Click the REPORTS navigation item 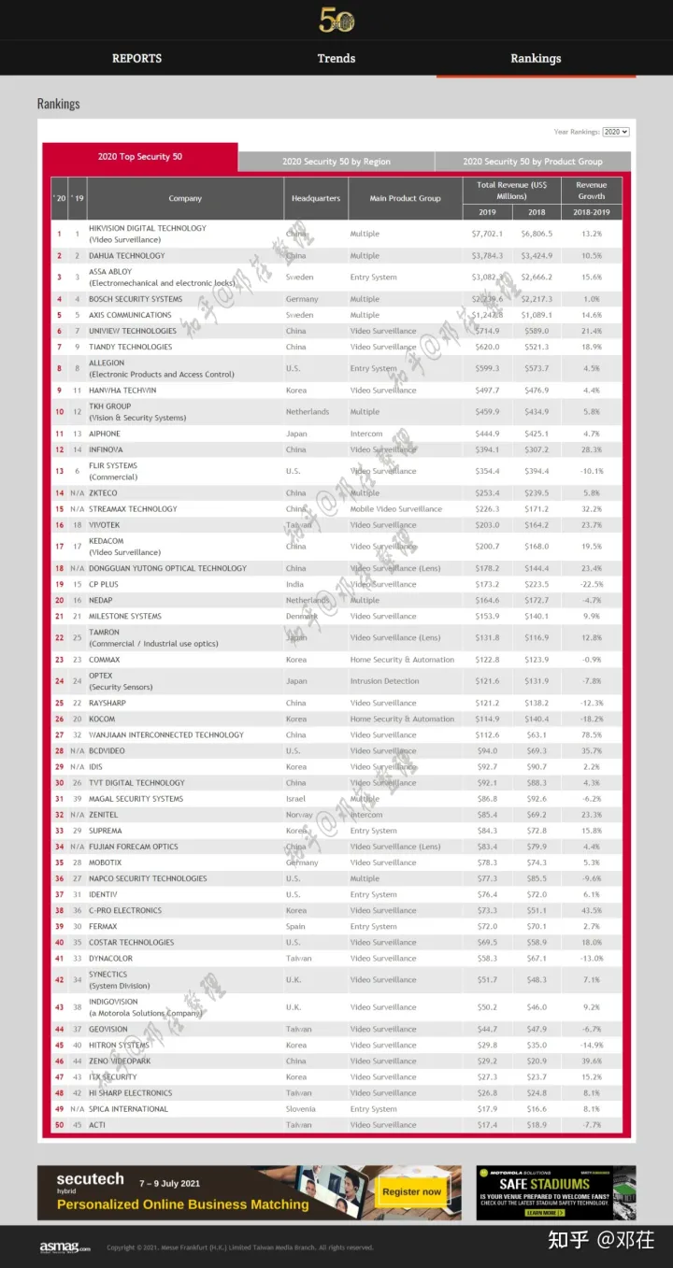[136, 58]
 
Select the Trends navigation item [336, 58]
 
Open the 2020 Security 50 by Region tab [336, 162]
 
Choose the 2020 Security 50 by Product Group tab [533, 162]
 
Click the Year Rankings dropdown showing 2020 [616, 133]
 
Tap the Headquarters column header [315, 198]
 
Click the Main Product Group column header [405, 198]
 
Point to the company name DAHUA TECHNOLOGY [126, 255]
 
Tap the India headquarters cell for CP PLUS [295, 584]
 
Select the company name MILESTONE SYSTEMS [125, 616]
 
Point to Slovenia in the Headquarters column [302, 1109]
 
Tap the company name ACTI [97, 1125]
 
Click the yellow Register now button [411, 1191]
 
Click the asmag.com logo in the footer [64, 1247]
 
